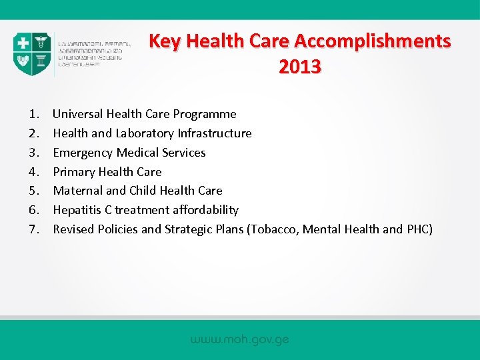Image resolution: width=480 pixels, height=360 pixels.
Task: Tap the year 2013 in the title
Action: click(x=300, y=67)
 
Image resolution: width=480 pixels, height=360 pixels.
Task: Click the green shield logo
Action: click(x=32, y=54)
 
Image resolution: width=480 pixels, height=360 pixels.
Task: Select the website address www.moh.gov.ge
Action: click(x=239, y=339)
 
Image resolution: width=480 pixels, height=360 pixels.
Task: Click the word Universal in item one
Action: click(x=78, y=114)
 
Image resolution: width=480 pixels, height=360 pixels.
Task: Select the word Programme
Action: click(x=206, y=114)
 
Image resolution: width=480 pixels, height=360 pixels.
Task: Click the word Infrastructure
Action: click(x=215, y=133)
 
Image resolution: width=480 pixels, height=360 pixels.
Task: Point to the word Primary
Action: click(x=74, y=172)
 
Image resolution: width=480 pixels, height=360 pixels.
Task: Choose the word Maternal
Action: click(x=77, y=191)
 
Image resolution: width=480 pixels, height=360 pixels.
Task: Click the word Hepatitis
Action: click(x=77, y=210)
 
